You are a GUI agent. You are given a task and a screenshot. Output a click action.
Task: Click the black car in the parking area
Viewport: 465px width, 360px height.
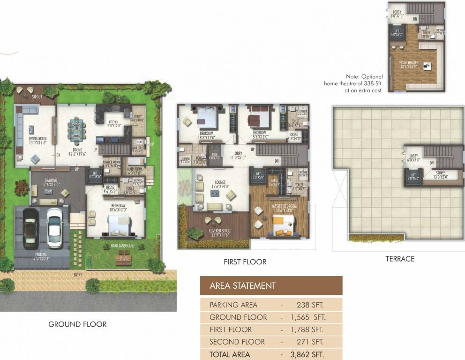31,228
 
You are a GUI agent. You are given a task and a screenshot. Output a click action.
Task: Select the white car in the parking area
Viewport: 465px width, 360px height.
55,228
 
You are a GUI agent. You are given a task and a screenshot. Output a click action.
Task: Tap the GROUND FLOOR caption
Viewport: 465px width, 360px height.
77,324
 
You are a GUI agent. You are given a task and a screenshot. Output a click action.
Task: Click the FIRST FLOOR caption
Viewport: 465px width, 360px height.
245,262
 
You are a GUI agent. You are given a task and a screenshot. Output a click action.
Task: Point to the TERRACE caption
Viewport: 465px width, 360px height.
399,258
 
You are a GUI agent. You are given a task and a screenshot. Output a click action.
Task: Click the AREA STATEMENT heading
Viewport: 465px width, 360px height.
242,285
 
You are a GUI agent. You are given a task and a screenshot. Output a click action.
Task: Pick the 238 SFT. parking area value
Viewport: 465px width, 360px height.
310,305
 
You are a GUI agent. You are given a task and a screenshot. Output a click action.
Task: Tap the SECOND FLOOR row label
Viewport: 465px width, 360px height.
237,342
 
